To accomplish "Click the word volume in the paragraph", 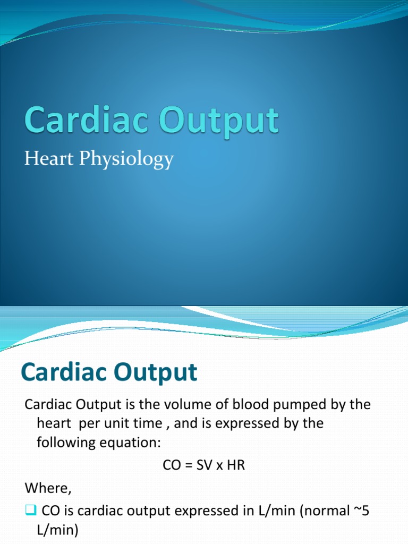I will click(x=178, y=405).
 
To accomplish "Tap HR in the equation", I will click(x=236, y=466).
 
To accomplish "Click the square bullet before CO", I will click(x=30, y=511).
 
